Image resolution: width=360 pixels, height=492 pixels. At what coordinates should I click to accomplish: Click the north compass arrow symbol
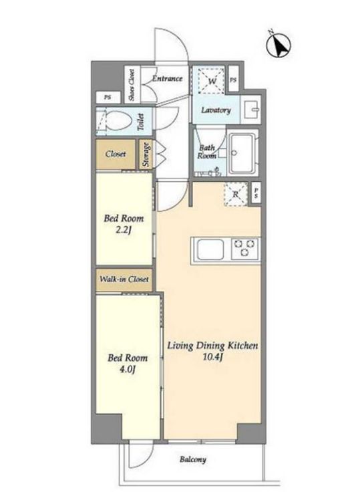point(279,45)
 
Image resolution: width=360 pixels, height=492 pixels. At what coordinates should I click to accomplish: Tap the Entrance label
point(167,78)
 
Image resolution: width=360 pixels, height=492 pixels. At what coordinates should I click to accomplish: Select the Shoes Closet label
point(132,85)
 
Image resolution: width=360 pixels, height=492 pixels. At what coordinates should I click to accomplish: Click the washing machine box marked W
point(212,80)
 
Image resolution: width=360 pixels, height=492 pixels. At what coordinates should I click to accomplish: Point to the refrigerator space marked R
point(236,195)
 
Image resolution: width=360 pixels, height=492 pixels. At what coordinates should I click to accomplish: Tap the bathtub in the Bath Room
point(242,153)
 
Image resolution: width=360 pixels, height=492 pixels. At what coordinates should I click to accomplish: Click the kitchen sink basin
point(210,249)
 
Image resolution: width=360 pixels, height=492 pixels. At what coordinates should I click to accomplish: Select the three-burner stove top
point(245,249)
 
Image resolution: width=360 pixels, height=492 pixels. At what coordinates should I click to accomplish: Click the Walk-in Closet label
point(124,279)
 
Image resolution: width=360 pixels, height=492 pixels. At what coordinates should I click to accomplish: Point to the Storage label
point(146,154)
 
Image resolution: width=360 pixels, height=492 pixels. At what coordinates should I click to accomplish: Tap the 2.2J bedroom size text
point(124,231)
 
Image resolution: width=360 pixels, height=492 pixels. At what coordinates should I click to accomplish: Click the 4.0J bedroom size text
point(128,370)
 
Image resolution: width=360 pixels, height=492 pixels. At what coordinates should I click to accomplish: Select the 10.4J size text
point(212,358)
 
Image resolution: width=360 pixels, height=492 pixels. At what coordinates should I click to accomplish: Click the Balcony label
point(193,460)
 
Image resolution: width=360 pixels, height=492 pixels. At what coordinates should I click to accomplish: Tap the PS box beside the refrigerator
point(256,194)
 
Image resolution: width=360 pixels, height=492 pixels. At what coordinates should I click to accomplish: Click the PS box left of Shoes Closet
point(108,98)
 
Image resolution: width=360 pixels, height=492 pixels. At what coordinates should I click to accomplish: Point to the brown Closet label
point(116,154)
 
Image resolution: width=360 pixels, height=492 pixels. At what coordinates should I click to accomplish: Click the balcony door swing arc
point(147,459)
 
